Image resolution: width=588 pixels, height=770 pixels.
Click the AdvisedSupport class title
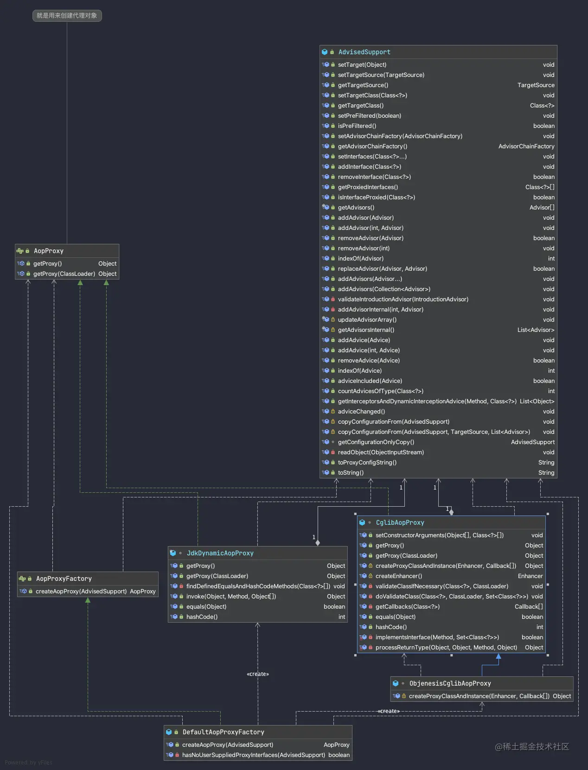pos(364,52)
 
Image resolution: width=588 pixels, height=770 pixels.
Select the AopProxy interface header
pos(48,251)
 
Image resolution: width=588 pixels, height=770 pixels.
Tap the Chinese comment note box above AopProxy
pos(67,16)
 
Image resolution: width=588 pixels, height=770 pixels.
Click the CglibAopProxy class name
pos(400,522)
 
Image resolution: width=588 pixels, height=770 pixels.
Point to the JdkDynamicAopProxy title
pos(220,553)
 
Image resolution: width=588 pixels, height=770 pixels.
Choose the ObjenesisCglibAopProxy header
pos(450,683)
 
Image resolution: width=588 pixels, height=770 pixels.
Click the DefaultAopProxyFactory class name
pos(223,732)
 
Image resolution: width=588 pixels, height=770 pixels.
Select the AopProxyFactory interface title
pos(64,579)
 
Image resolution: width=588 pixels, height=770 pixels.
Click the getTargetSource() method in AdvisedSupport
pos(363,85)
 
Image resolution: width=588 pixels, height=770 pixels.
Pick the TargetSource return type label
pos(536,85)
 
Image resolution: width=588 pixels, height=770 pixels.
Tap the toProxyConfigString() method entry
pos(367,463)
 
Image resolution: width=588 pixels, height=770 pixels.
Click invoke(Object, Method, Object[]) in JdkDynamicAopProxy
pos(231,597)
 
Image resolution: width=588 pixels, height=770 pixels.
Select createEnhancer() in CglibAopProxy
pos(398,576)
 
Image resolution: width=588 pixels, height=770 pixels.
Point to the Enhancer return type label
pos(530,576)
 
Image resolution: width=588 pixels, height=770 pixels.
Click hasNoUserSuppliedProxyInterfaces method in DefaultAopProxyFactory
pos(253,755)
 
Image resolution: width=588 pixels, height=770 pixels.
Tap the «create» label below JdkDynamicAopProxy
pos(258,674)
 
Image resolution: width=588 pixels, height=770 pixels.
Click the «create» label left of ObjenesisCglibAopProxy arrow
pos(389,711)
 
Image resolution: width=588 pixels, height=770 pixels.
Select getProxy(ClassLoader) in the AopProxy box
pos(64,274)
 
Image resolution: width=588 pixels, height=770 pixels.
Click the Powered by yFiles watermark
pos(28,763)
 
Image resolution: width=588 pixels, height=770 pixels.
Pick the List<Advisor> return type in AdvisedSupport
pos(536,330)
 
